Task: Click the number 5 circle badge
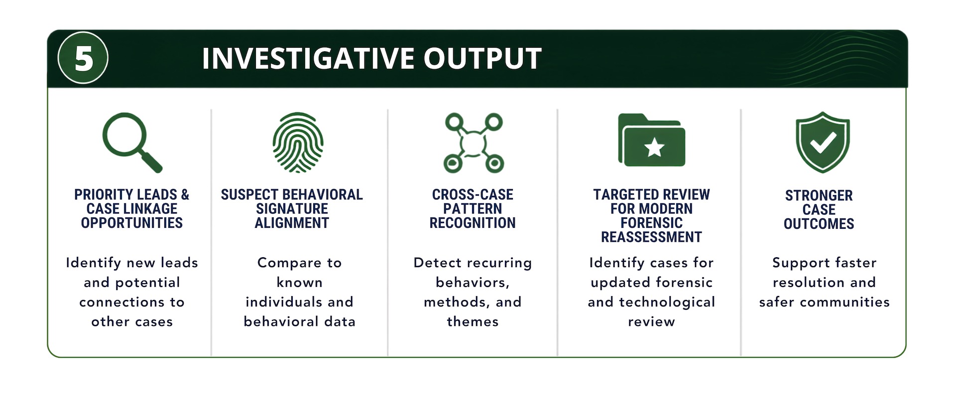(83, 58)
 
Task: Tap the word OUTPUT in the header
(482, 58)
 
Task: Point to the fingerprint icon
(298, 142)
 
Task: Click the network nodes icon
(474, 143)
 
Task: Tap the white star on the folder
(654, 148)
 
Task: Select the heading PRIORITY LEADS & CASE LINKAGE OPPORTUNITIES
(132, 208)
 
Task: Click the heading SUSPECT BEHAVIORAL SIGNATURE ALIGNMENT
(292, 208)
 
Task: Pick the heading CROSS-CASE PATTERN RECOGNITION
(473, 208)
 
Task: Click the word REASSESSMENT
(651, 237)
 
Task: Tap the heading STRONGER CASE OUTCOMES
(819, 209)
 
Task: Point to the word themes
(473, 322)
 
